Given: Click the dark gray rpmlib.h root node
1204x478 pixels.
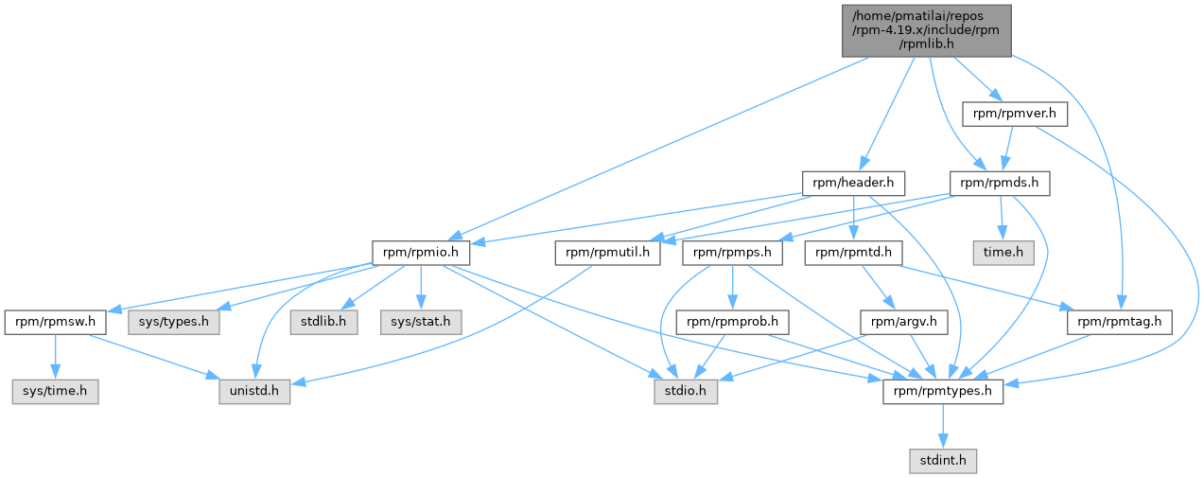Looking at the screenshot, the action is pos(927,30).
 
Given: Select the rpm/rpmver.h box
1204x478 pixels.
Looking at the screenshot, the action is pos(1015,114).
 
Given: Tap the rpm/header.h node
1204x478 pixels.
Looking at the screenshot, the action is pos(853,184).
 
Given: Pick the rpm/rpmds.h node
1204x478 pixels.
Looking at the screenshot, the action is pos(1000,184).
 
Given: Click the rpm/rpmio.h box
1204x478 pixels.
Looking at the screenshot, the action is pos(421,253).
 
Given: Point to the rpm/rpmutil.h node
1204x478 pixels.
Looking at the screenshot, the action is pos(608,253).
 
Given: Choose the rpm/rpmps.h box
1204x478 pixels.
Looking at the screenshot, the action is pos(733,253).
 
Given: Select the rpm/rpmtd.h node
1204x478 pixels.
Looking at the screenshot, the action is pos(853,253).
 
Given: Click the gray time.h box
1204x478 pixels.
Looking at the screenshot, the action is pos(1003,253).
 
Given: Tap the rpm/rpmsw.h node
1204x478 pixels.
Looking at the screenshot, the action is pos(56,322).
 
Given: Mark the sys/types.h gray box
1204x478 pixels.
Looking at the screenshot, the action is pos(174,322).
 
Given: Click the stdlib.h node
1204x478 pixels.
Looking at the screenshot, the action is pos(323,322).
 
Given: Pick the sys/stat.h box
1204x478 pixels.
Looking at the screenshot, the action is pos(421,322).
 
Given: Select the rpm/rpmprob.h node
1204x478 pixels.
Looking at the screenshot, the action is pos(733,322).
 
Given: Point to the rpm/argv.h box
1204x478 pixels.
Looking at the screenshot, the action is pos(904,322).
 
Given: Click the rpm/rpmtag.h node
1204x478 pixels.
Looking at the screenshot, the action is pos(1120,322).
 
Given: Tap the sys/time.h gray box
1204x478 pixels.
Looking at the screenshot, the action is pos(56,392).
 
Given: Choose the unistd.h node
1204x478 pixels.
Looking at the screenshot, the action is pos(254,392).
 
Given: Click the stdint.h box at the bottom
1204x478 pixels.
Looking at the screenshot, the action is pos(943,461).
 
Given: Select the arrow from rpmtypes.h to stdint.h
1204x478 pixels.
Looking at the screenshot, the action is pos(943,426).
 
